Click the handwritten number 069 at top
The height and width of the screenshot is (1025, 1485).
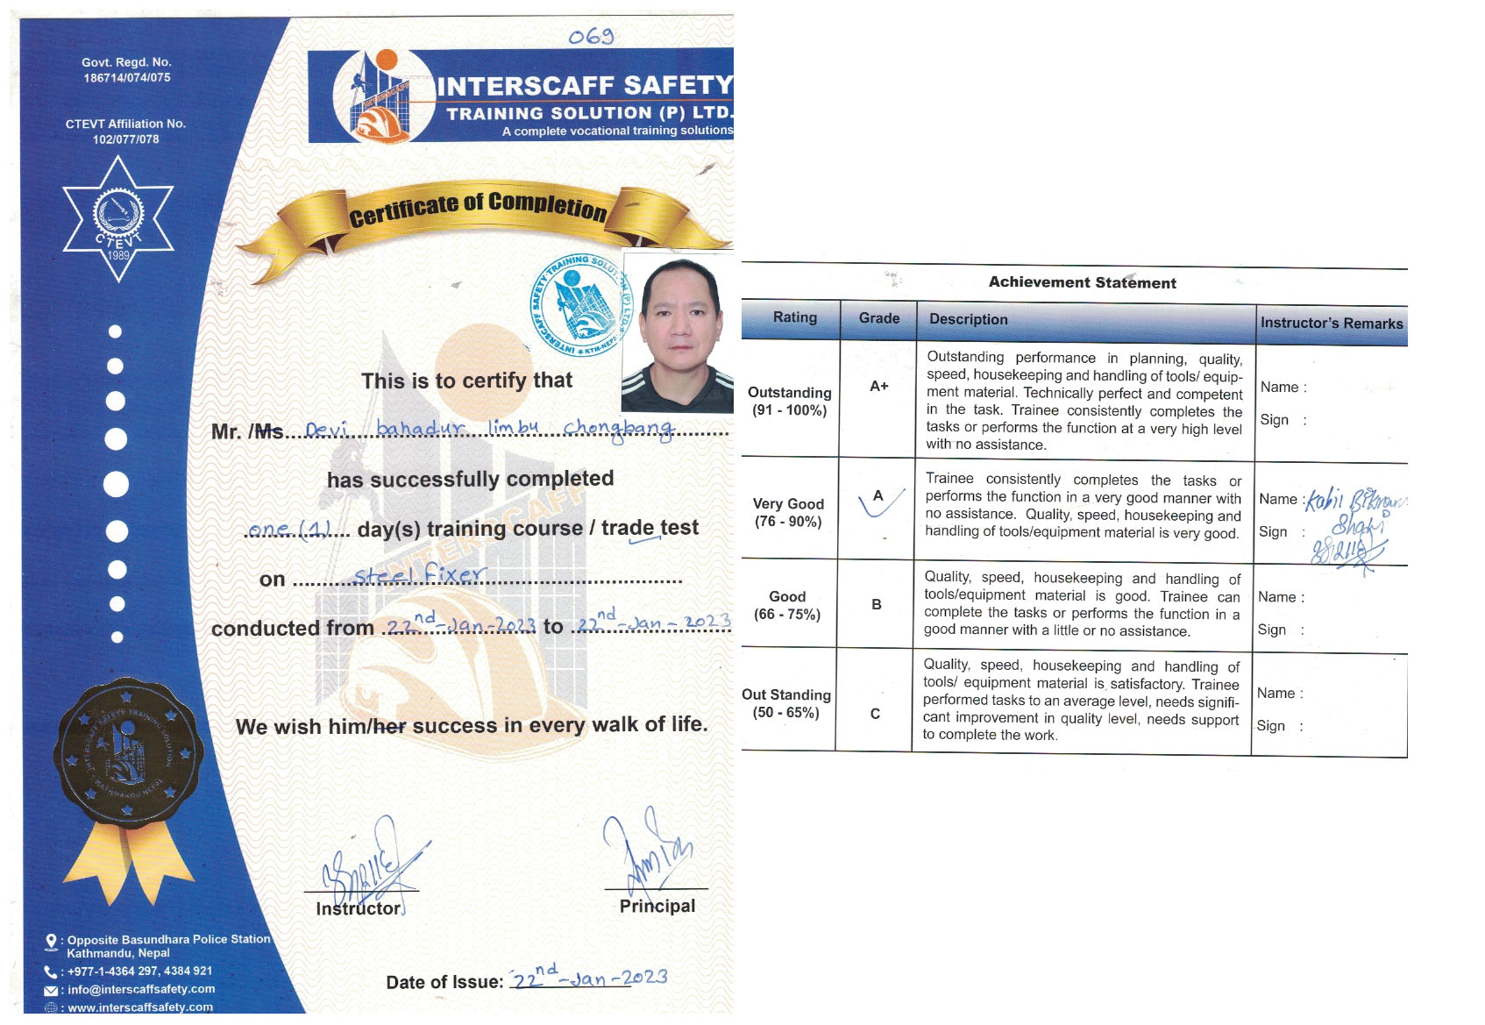[x=591, y=37]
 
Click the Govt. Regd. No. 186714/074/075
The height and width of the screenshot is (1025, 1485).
[x=126, y=70]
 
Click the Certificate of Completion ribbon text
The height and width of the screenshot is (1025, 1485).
[x=478, y=207]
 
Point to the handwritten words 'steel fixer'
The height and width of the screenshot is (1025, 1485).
[x=419, y=575]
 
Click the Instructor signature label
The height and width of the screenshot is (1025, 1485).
[x=359, y=909]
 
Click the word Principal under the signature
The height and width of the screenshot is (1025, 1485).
[x=657, y=907]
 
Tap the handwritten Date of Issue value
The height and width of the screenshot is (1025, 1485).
[x=589, y=977]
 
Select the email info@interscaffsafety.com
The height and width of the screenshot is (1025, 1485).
[x=140, y=989]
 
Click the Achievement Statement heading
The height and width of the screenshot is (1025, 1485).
[x=1082, y=282]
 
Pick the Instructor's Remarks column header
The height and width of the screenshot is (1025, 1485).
[x=1331, y=323]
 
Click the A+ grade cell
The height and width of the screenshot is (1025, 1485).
[x=878, y=386]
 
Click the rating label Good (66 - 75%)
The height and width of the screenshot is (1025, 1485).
[x=787, y=605]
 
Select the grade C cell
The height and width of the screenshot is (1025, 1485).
[x=875, y=714]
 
